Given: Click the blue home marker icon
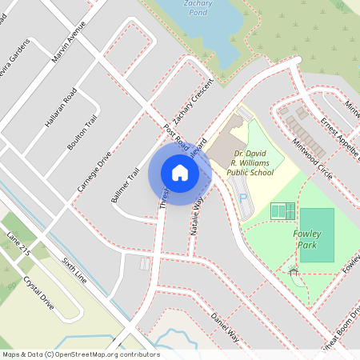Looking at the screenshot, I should point(180,173).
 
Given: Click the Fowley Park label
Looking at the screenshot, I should point(305,238).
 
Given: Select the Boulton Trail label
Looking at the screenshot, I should point(82,131).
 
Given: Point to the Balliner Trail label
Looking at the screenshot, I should point(126,186).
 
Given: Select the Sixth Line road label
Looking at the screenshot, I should point(74,272).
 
